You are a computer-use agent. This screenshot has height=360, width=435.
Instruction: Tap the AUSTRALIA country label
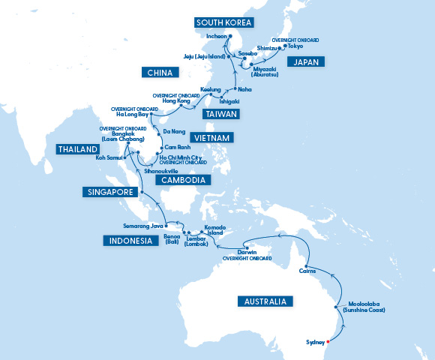[x=263, y=301]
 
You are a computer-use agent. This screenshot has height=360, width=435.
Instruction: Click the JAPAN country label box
[x=308, y=61]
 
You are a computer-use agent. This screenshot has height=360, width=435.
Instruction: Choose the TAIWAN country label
[x=221, y=114]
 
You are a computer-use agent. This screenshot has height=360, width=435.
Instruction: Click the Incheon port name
[x=217, y=35]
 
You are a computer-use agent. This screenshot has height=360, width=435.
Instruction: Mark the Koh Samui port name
[x=109, y=158]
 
